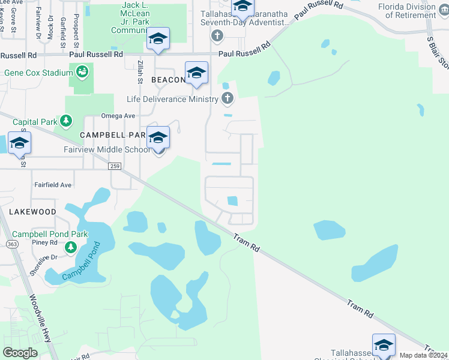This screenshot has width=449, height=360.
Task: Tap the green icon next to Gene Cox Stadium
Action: [x=82, y=73]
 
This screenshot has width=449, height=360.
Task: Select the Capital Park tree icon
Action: [x=65, y=122]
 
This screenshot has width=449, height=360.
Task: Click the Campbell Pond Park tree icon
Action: [x=71, y=247]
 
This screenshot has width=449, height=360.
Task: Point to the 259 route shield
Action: [x=116, y=166]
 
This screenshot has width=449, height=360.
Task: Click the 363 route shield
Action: [x=11, y=244]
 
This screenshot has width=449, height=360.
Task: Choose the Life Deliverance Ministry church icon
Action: [x=227, y=98]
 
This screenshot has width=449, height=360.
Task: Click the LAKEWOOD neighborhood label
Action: [x=32, y=212]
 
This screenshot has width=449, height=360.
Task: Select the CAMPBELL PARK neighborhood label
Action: [x=113, y=135]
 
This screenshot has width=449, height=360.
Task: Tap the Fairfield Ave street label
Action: [x=52, y=185]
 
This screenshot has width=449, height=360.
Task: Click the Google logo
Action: [x=20, y=353]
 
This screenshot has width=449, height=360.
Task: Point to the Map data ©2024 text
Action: [x=423, y=355]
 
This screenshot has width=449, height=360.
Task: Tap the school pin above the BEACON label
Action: [x=196, y=73]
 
